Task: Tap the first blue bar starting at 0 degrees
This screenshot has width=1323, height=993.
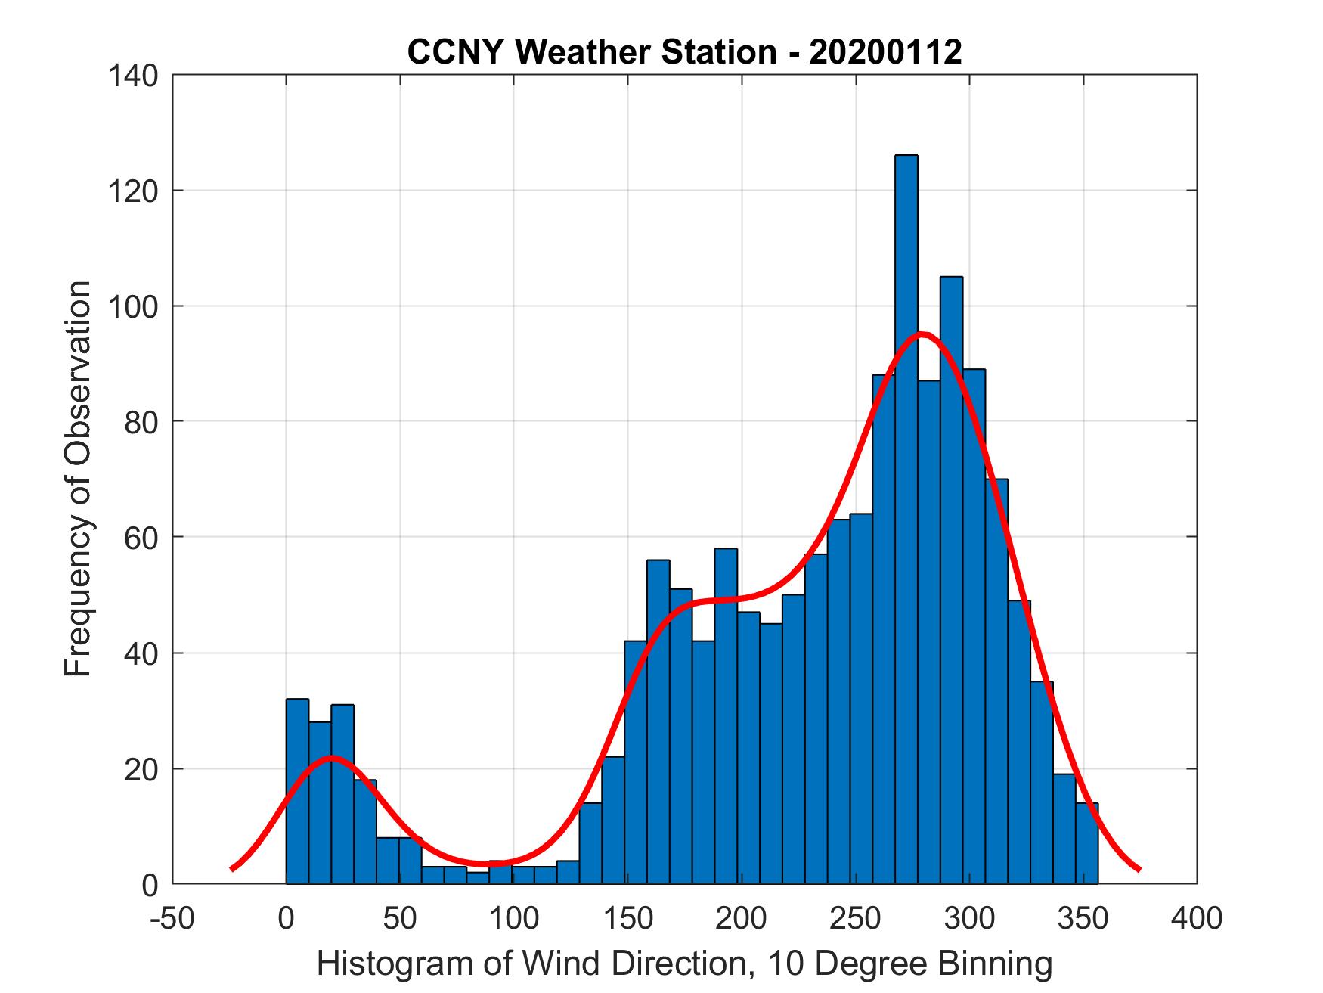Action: point(297,794)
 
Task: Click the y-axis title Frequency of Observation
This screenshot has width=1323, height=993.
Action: point(78,478)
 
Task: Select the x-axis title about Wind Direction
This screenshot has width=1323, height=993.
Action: point(684,964)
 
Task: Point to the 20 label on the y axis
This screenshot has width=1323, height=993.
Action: point(141,769)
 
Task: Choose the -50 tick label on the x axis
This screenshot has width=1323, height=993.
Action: point(173,919)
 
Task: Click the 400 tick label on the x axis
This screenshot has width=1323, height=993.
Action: point(1197,919)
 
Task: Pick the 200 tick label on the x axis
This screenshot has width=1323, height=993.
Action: point(742,919)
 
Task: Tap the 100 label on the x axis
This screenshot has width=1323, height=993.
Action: point(514,919)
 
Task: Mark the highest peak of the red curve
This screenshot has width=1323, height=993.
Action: point(922,334)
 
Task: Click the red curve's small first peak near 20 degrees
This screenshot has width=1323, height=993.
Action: point(331,757)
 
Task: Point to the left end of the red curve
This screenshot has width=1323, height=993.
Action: point(232,868)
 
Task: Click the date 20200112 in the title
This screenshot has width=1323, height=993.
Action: point(885,52)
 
